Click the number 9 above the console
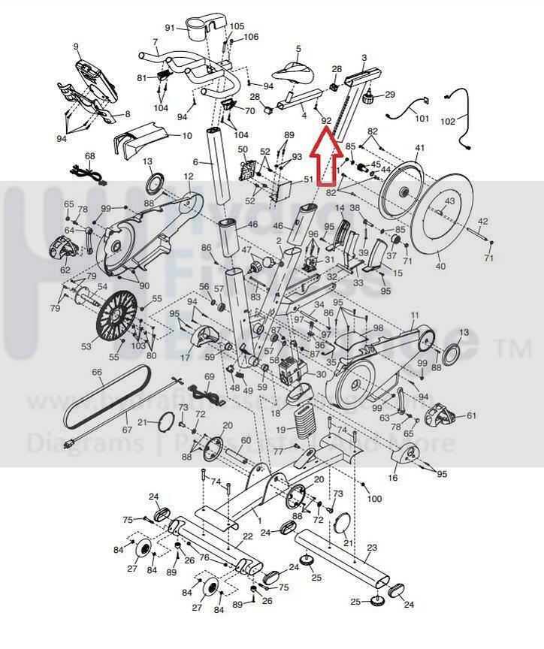[76, 47]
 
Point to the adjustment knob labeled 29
[369, 98]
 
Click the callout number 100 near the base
[374, 499]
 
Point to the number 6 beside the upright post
[195, 162]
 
